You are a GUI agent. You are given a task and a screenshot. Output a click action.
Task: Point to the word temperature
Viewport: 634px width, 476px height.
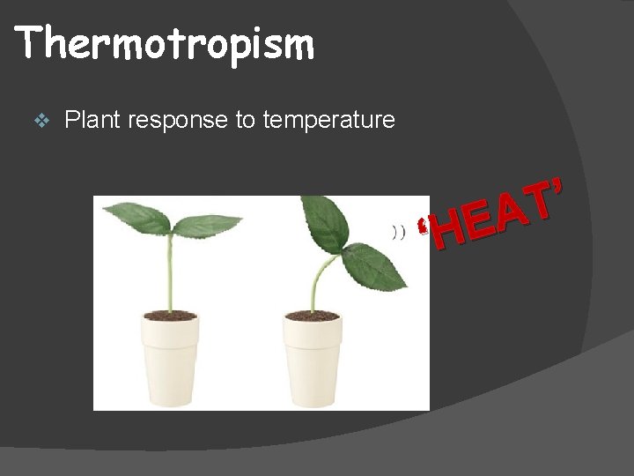point(328,121)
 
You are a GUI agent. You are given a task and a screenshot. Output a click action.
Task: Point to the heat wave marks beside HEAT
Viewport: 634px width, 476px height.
point(398,232)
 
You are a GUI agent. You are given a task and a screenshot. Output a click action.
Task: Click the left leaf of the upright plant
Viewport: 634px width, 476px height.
point(136,218)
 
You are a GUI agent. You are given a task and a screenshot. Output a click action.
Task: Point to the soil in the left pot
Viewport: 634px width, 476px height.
point(170,315)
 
